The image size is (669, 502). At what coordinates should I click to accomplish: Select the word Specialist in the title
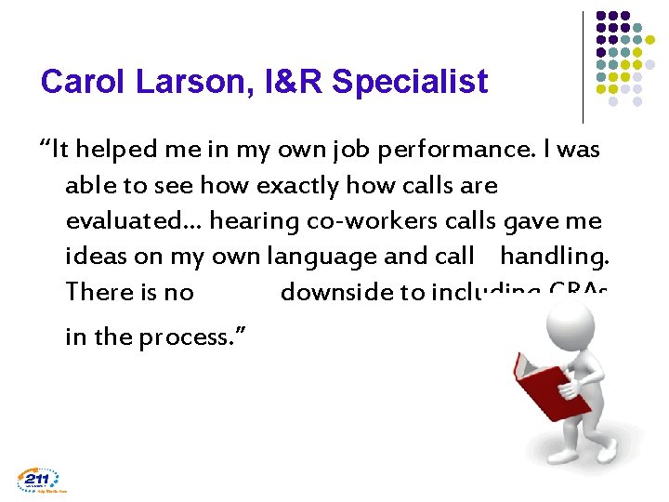(x=409, y=83)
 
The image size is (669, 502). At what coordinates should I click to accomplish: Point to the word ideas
(x=94, y=257)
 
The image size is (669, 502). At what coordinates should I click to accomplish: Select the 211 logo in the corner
(x=38, y=480)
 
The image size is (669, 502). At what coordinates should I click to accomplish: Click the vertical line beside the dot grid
(x=583, y=67)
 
